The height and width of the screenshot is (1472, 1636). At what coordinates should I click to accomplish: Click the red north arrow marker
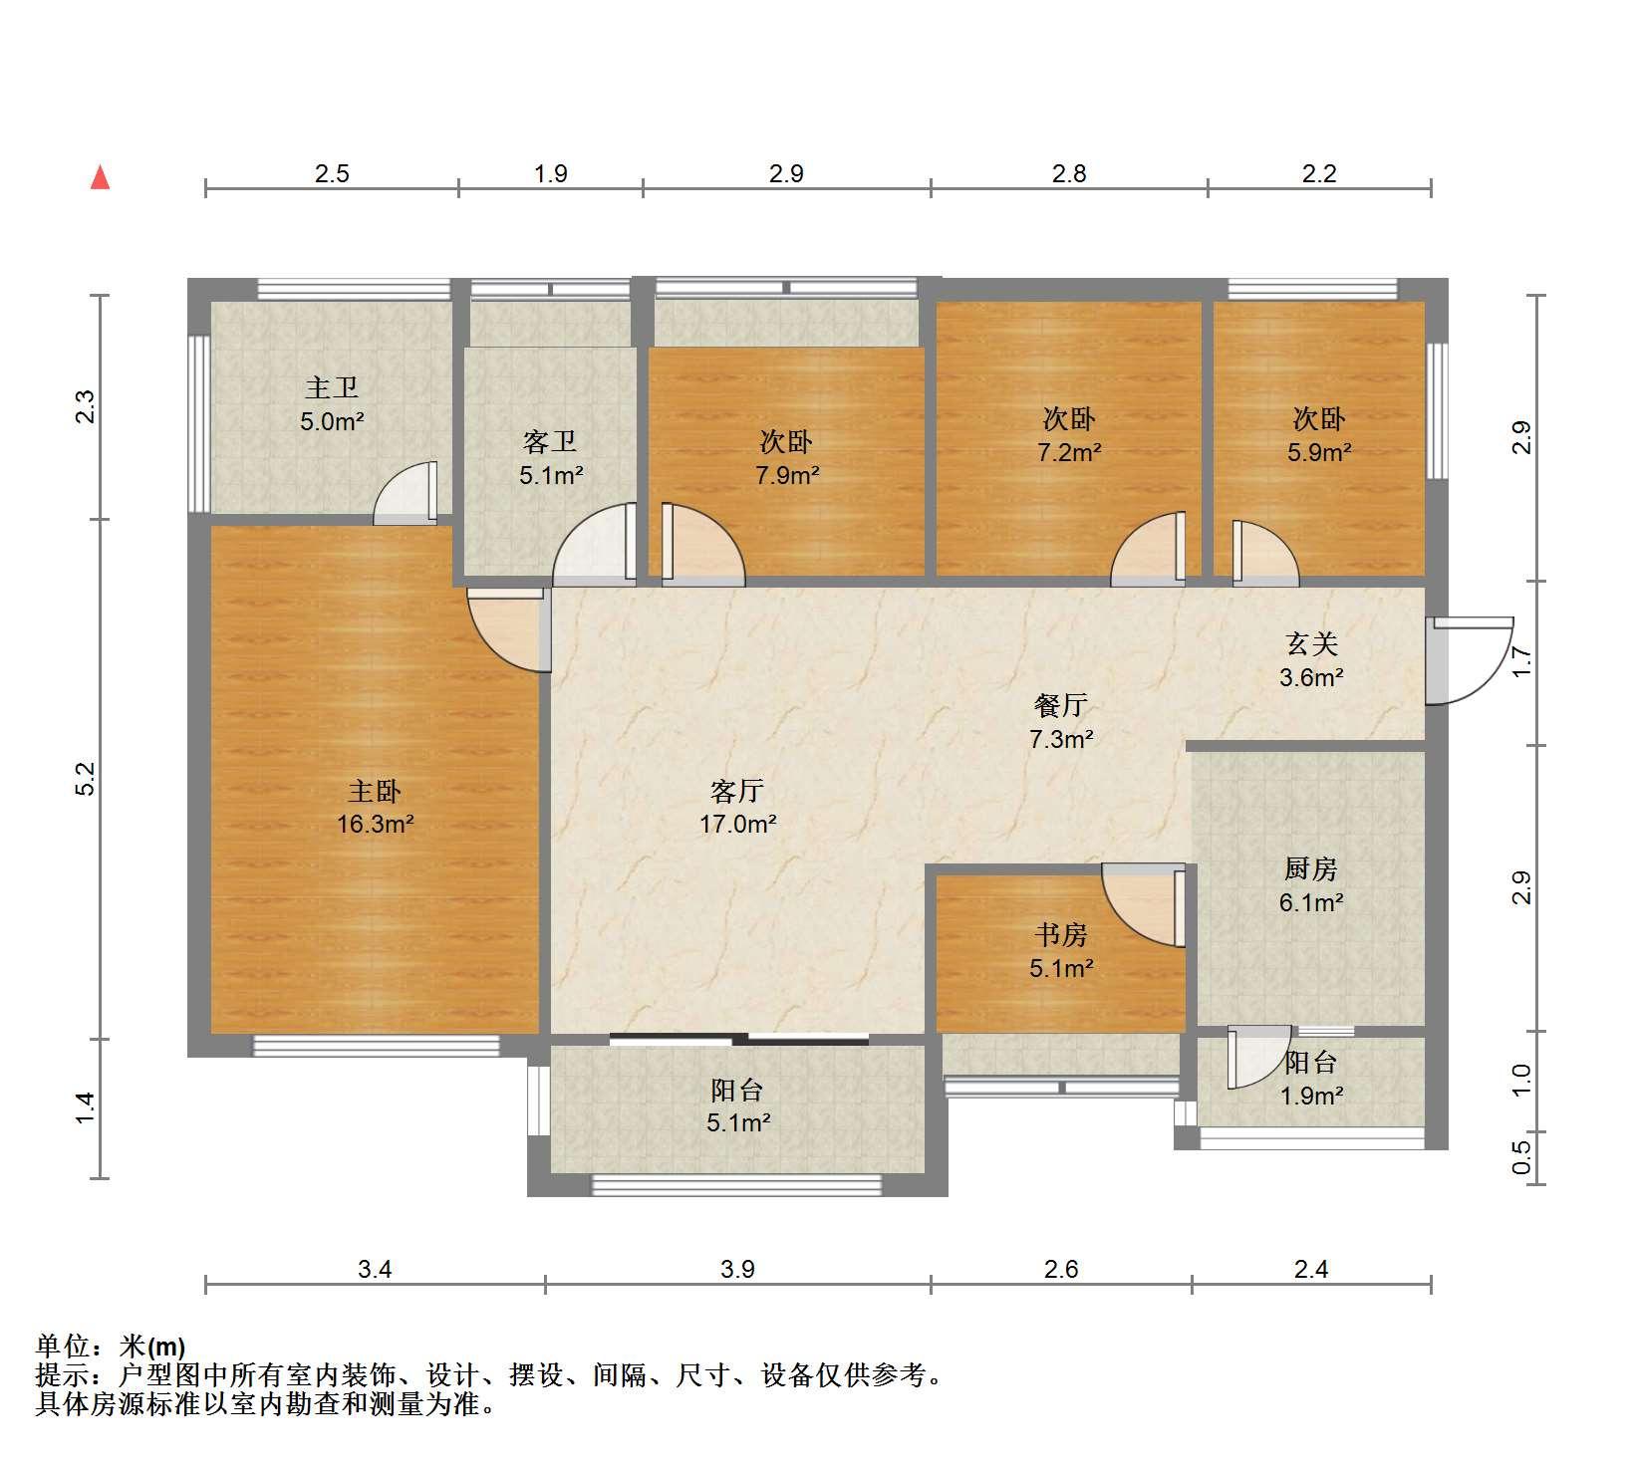click(x=100, y=177)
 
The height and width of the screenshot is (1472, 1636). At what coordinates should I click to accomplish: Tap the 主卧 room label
click(x=375, y=792)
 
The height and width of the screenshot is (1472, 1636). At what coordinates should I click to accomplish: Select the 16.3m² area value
click(x=375, y=824)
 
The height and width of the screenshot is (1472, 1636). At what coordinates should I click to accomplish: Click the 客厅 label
click(x=737, y=792)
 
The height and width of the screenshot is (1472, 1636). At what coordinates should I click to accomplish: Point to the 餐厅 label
click(x=1061, y=706)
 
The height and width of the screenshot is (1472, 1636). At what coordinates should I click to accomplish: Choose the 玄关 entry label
click(x=1311, y=644)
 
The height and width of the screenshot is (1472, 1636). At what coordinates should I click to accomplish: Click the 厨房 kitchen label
click(x=1311, y=869)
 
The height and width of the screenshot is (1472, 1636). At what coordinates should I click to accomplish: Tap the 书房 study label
click(x=1061, y=935)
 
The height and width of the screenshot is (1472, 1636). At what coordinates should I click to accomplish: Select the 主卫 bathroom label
click(x=332, y=387)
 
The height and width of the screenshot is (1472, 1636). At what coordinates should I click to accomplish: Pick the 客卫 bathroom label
click(x=550, y=441)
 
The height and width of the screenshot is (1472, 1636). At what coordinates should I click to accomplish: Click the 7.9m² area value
click(x=787, y=475)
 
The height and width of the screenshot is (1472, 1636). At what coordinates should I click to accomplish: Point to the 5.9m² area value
click(x=1319, y=452)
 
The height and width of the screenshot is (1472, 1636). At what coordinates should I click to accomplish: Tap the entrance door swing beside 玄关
click(x=1469, y=660)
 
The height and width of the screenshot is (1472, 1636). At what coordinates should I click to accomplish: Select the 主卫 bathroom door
click(x=406, y=493)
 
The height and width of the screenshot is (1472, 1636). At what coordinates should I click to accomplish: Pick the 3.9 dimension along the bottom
click(x=737, y=1269)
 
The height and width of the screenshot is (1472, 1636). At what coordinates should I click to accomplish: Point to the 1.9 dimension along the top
click(x=550, y=173)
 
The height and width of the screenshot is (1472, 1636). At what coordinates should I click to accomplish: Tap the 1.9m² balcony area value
click(x=1311, y=1097)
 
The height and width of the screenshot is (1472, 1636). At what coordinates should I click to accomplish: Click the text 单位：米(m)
click(x=110, y=1348)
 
